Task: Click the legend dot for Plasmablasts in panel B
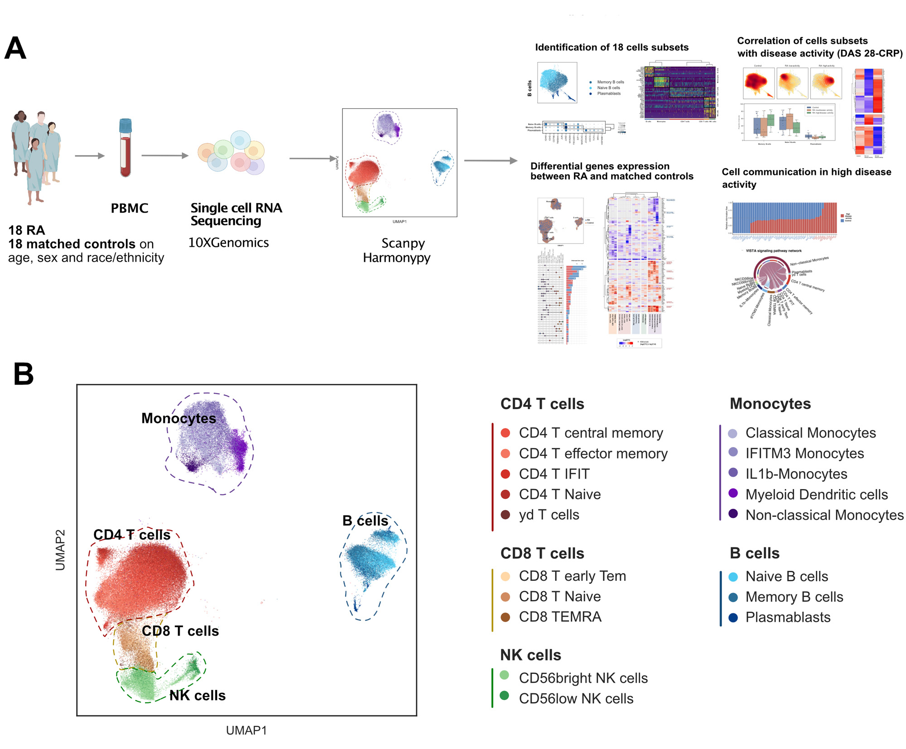point(733,618)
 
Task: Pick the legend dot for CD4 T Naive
point(506,494)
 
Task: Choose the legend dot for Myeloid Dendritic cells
point(733,493)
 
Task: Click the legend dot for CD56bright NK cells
point(505,675)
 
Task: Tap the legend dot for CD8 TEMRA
point(506,617)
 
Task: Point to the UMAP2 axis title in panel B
point(60,550)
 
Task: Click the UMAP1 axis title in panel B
point(246,730)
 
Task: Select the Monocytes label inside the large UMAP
point(178,418)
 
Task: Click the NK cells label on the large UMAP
point(198,695)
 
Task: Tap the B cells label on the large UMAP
point(365,521)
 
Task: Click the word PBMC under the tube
point(130,208)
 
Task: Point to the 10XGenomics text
point(228,243)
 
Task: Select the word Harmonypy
point(396,258)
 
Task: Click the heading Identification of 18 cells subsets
point(612,47)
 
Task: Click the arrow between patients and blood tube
point(89,156)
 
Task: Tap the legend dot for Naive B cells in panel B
point(733,577)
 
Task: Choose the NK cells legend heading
point(530,655)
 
